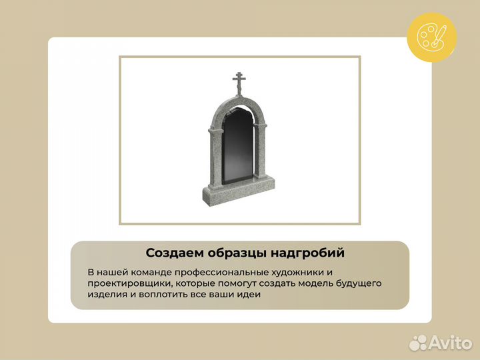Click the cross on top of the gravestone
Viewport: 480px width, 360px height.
click(x=239, y=83)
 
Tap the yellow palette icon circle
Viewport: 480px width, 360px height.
click(x=431, y=37)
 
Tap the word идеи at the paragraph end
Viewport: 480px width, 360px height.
click(x=248, y=294)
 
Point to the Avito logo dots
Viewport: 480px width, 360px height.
click(x=418, y=343)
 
